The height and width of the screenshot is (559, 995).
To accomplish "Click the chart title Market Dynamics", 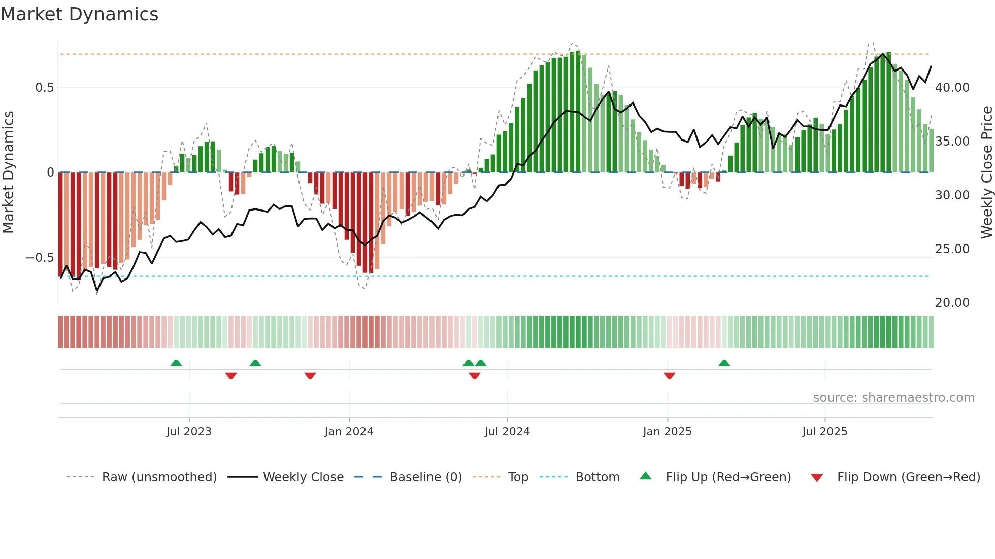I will (79, 14).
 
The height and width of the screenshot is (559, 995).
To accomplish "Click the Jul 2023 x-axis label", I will (189, 432).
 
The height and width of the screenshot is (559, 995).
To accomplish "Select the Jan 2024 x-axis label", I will (349, 432).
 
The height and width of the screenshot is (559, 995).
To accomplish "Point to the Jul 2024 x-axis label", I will (507, 432).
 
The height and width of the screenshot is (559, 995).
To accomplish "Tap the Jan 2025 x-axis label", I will (667, 432).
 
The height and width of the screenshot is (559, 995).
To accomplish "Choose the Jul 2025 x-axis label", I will (824, 432).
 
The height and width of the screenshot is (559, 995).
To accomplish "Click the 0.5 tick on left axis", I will (44, 88).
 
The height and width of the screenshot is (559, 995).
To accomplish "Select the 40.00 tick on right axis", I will (952, 88).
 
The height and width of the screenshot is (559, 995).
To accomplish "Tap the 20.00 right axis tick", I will (952, 303).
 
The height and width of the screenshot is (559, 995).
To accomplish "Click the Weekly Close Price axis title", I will (986, 172).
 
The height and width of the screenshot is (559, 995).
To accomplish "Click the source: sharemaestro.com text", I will (893, 398).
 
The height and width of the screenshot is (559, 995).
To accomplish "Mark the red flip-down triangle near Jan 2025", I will (669, 376).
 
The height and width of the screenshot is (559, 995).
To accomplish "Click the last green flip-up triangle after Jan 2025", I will (724, 363).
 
